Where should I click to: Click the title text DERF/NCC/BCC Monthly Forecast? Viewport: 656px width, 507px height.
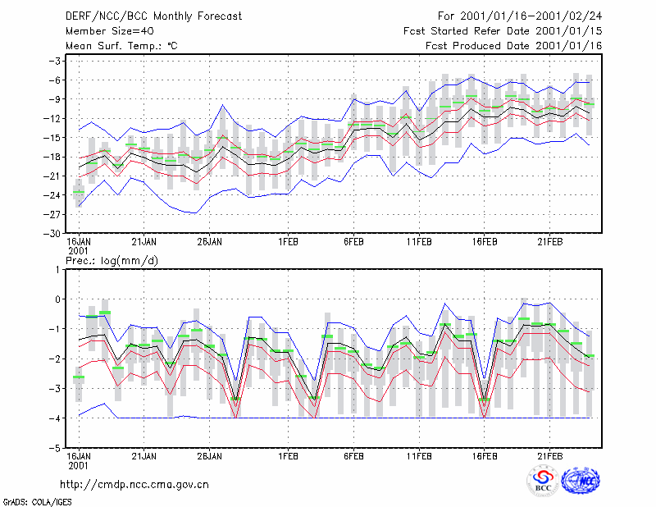click(x=153, y=16)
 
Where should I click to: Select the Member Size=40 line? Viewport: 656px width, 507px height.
click(x=110, y=31)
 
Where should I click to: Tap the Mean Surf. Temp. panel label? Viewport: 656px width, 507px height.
click(x=121, y=46)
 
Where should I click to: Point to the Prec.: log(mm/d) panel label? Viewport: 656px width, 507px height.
click(x=112, y=261)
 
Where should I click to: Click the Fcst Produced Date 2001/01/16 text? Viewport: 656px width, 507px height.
click(x=514, y=46)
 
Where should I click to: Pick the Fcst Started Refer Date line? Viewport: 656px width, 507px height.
click(x=503, y=31)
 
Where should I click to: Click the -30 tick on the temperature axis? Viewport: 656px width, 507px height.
click(x=52, y=234)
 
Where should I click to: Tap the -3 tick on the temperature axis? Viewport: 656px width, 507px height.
click(x=55, y=62)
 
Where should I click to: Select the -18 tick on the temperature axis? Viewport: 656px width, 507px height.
click(x=52, y=157)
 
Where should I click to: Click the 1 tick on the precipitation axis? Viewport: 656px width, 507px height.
click(x=57, y=270)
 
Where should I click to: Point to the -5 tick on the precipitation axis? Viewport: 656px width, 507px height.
click(x=55, y=448)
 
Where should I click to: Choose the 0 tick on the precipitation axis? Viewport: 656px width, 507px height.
click(x=57, y=299)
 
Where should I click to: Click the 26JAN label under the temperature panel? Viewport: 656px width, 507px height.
click(x=210, y=242)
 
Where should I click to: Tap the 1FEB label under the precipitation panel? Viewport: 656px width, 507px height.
click(x=289, y=456)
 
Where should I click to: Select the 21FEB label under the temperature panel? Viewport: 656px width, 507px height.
click(x=549, y=242)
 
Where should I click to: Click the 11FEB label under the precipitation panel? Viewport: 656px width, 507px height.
click(x=419, y=456)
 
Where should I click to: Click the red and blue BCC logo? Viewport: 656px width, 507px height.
click(x=543, y=481)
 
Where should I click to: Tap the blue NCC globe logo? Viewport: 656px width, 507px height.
click(x=581, y=481)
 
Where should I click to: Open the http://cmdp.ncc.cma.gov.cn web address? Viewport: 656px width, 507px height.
click(x=134, y=485)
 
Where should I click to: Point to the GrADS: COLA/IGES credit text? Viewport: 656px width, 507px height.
click(x=37, y=502)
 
